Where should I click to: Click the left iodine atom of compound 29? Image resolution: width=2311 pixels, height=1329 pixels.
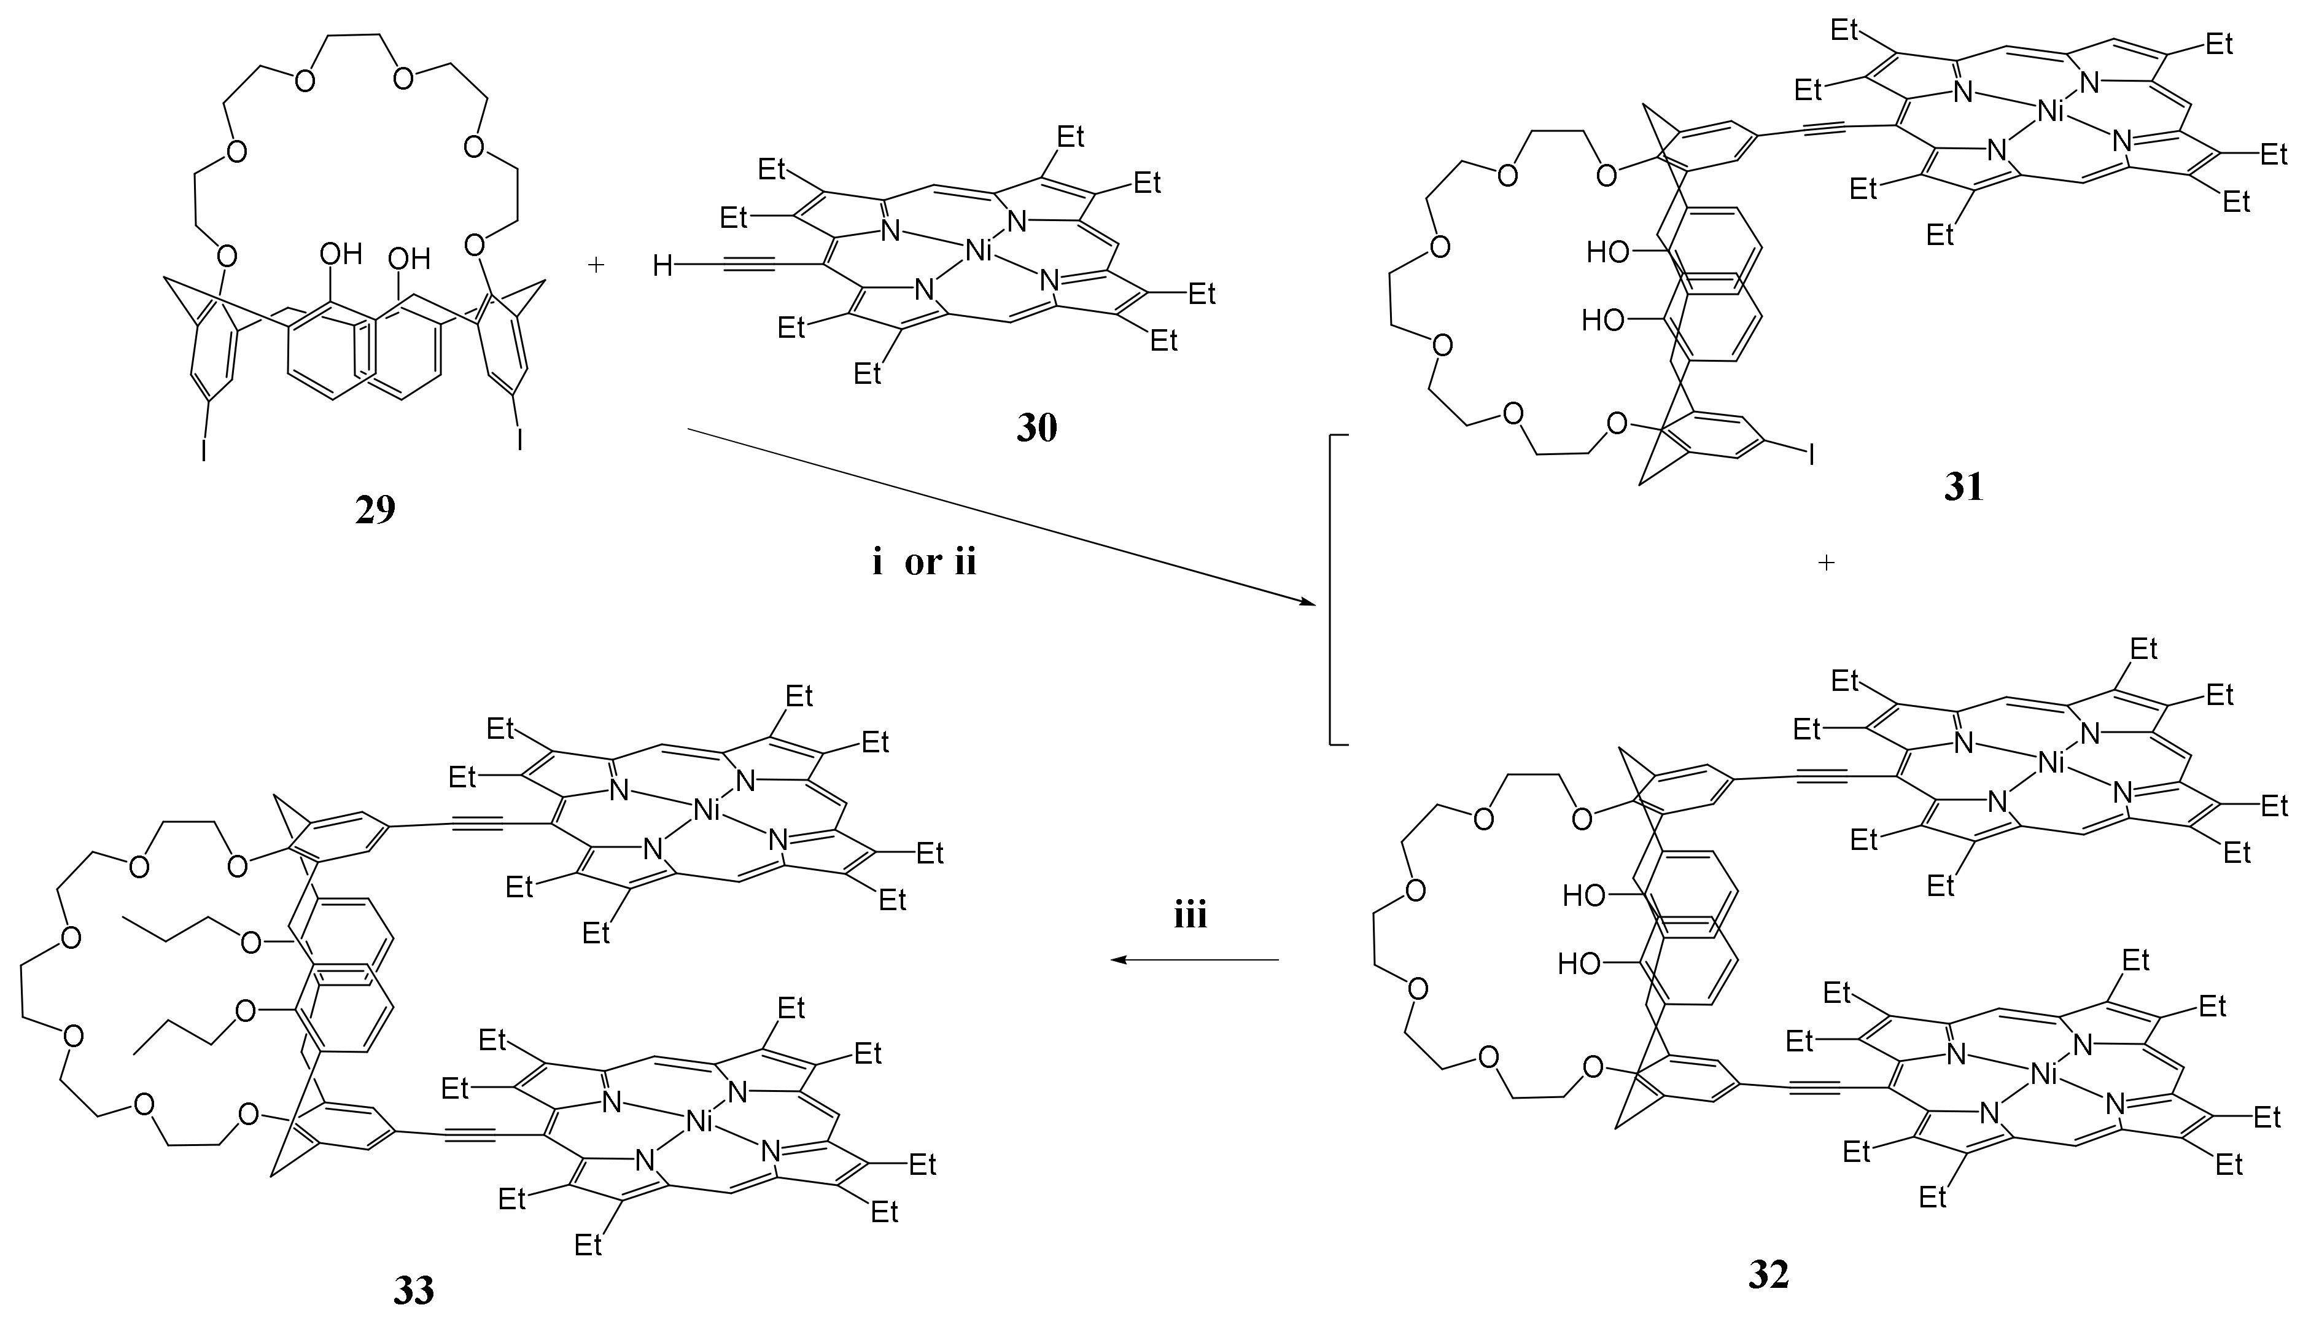tap(204, 451)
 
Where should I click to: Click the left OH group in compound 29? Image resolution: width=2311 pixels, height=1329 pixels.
tap(341, 253)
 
